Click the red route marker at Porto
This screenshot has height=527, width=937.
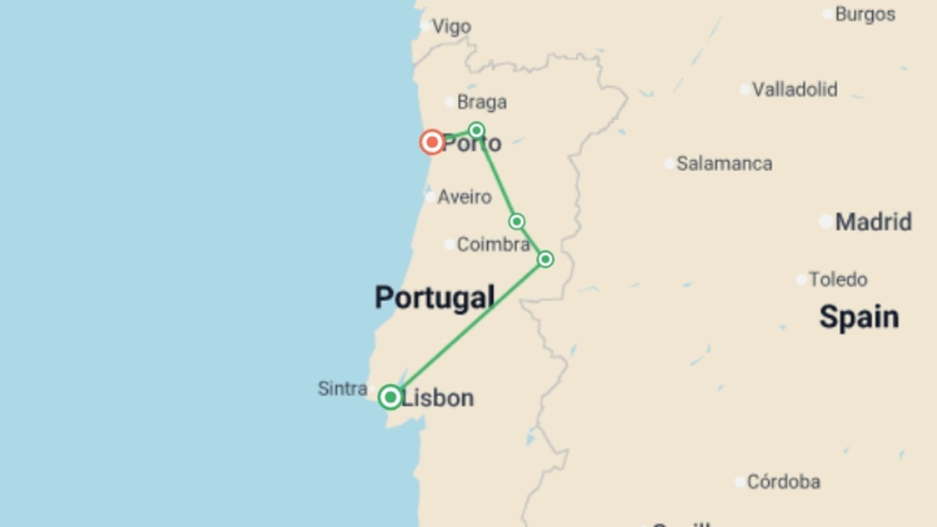point(432,142)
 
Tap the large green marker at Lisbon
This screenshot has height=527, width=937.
point(390,397)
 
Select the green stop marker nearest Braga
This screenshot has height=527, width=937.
point(476,130)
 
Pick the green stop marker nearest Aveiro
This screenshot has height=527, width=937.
point(517,222)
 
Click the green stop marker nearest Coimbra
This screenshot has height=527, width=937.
point(545,259)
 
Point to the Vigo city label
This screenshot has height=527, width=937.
point(451,26)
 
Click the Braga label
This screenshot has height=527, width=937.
point(482,102)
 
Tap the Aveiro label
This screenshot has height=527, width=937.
point(464,197)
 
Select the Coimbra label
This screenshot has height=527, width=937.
point(493,244)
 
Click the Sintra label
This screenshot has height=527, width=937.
point(342,388)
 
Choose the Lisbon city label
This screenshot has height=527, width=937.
point(437,398)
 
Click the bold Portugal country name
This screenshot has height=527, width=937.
point(434,298)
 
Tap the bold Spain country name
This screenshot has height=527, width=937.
point(859,317)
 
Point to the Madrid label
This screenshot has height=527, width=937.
point(873,222)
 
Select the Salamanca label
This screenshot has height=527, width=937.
point(724,163)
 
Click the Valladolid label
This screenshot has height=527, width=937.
point(794,89)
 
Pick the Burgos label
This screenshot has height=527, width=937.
point(865,14)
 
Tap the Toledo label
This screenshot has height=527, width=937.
point(838,280)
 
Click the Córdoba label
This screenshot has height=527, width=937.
point(783,482)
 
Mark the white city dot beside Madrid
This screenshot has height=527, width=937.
point(826,222)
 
